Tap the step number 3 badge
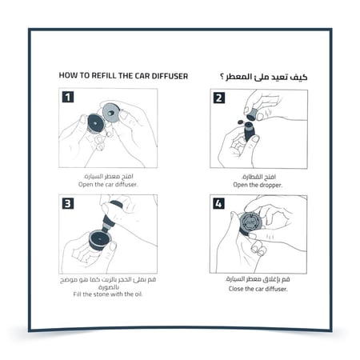click(x=69, y=204)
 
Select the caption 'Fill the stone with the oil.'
click(x=108, y=294)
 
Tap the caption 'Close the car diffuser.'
click(x=258, y=288)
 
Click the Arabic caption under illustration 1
click(x=108, y=174)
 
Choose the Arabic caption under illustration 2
click(x=258, y=174)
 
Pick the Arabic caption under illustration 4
click(x=258, y=280)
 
